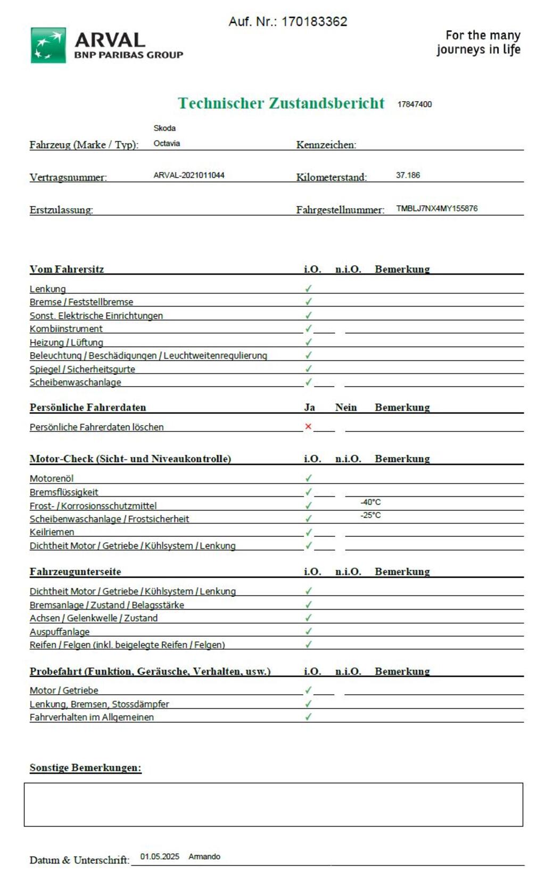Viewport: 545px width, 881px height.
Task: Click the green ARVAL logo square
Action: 48,45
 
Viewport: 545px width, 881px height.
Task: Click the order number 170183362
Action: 314,22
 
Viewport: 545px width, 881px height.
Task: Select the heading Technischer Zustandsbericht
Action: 281,103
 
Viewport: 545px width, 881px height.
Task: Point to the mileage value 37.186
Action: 408,175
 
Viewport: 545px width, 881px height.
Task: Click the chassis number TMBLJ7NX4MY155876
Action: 436,209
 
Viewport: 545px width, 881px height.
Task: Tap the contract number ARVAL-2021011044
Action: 189,175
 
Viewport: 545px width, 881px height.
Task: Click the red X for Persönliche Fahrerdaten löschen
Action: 308,427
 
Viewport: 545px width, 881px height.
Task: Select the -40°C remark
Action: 370,502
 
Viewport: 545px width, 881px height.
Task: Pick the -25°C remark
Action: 370,515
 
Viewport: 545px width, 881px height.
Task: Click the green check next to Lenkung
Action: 308,288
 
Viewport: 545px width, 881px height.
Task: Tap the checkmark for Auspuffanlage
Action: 308,631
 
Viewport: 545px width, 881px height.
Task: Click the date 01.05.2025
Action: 160,857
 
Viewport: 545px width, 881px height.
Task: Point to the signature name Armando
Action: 204,857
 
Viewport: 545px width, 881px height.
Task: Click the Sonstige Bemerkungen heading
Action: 85,768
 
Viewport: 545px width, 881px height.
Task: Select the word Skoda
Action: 164,128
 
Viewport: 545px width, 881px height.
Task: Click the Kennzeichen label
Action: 326,145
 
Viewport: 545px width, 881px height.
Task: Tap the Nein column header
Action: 346,408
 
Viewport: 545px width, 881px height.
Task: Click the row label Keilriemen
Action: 52,532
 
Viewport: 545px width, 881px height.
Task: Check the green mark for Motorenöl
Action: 308,478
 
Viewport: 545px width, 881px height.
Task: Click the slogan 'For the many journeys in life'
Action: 478,43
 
